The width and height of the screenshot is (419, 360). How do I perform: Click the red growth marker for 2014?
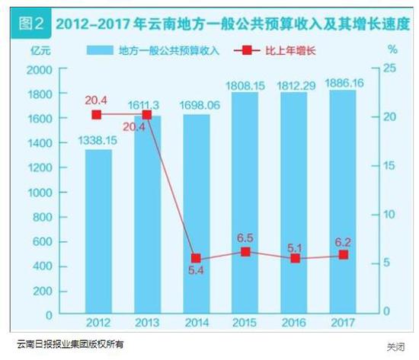(196, 258)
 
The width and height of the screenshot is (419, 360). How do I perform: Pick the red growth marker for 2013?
(147, 116)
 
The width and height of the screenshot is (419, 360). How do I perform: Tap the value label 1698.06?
(197, 105)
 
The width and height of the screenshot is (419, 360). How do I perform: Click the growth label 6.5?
(245, 237)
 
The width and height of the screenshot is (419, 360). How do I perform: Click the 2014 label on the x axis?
(197, 323)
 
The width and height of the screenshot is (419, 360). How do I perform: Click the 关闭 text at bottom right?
(395, 347)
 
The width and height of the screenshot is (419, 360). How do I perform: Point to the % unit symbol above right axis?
(392, 49)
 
